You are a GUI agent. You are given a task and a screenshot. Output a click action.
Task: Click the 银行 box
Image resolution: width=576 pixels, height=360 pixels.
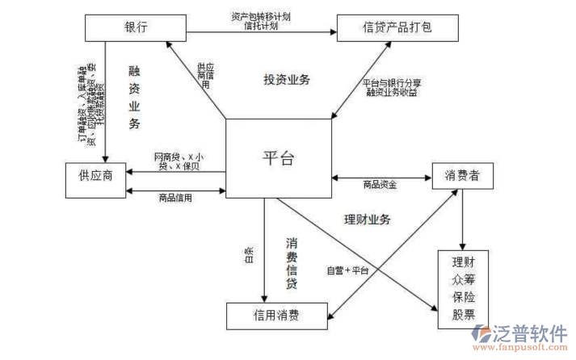[130, 28]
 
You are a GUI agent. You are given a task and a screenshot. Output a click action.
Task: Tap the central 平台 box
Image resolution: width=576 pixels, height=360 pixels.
[279, 157]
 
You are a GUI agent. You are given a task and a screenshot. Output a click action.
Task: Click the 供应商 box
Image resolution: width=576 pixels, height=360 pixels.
[95, 177]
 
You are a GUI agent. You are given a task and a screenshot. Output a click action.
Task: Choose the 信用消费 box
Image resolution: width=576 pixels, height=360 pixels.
[277, 315]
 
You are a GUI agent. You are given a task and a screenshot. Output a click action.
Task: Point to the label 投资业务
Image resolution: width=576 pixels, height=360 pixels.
[286, 80]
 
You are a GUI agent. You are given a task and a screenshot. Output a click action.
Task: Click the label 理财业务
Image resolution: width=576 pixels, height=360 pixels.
[367, 220]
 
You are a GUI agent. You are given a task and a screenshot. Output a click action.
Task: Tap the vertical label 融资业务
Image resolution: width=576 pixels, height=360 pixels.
[134, 98]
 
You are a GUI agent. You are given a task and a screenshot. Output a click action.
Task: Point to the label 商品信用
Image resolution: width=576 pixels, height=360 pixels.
[175, 198]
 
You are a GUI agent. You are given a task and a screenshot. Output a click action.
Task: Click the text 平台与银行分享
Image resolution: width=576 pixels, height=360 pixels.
[392, 82]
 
